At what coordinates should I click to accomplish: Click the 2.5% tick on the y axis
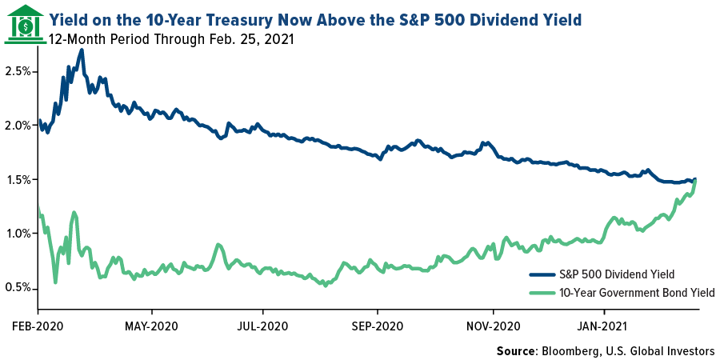coord(18,71)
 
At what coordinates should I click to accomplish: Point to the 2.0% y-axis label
coord(18,126)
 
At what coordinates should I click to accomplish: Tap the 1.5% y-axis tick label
coord(18,179)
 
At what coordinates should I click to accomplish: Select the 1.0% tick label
coord(18,234)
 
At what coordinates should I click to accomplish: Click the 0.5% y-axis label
coord(18,287)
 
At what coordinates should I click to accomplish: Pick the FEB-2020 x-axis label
coord(38,326)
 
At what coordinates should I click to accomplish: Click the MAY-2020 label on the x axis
coord(152,326)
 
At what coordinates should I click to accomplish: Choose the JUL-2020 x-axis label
coord(262,326)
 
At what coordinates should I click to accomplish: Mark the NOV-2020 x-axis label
coord(493,326)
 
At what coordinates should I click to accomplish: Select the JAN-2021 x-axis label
coord(603,326)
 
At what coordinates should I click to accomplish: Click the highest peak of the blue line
coord(82,50)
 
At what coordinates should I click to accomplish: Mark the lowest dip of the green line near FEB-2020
coord(55,282)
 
